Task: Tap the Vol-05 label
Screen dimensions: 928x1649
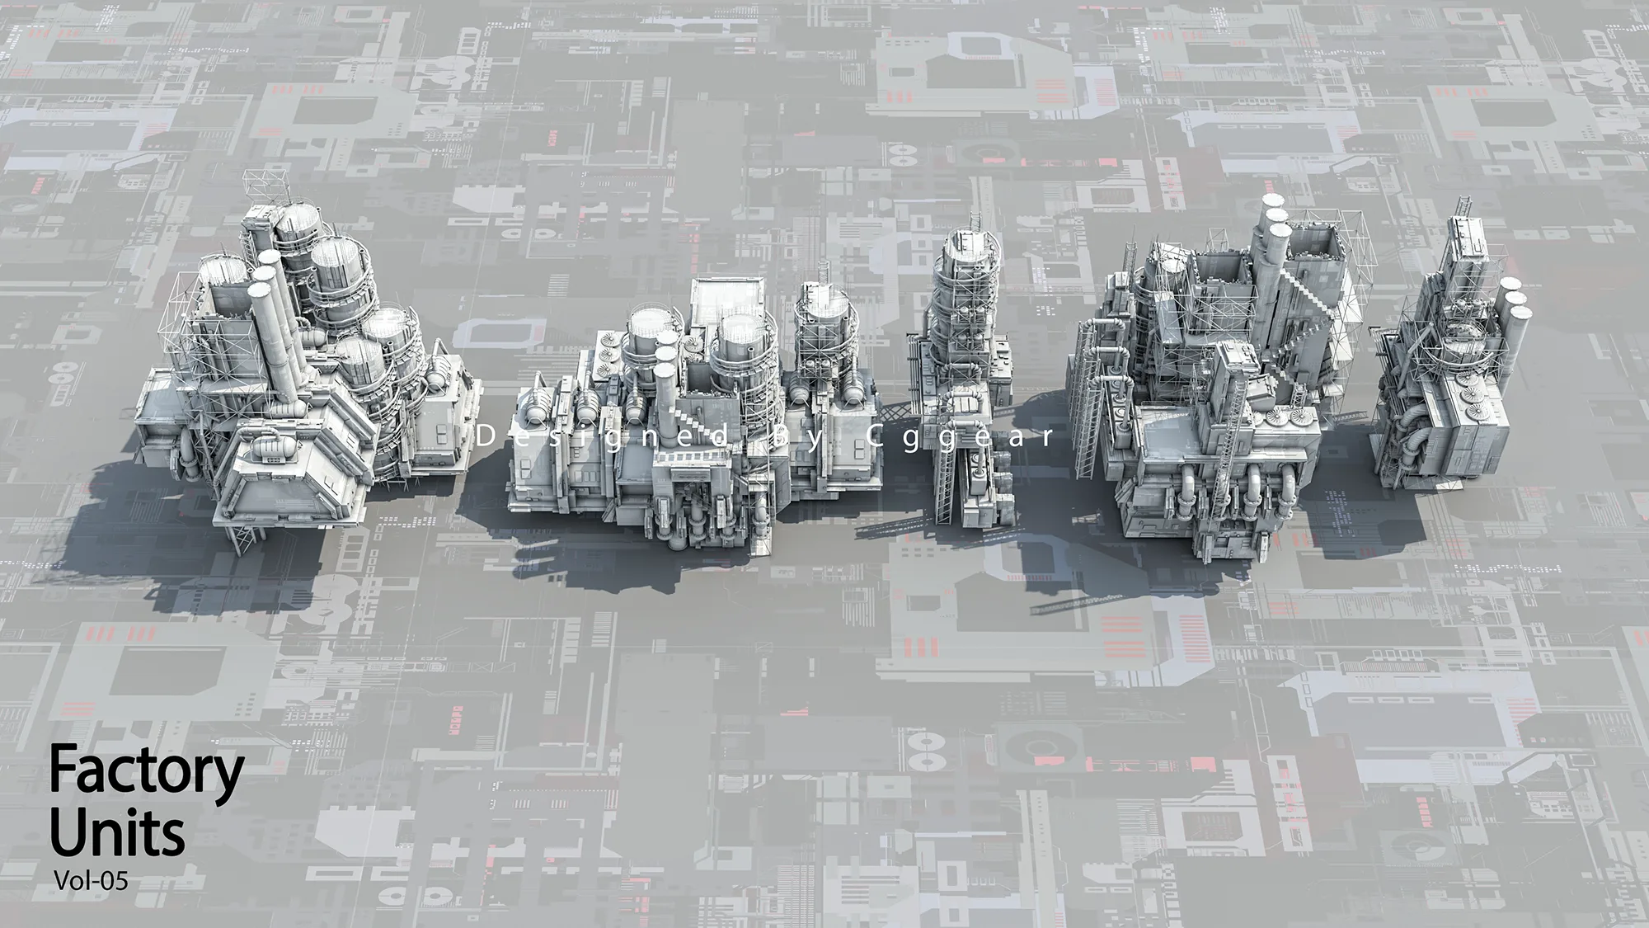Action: [x=91, y=880]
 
